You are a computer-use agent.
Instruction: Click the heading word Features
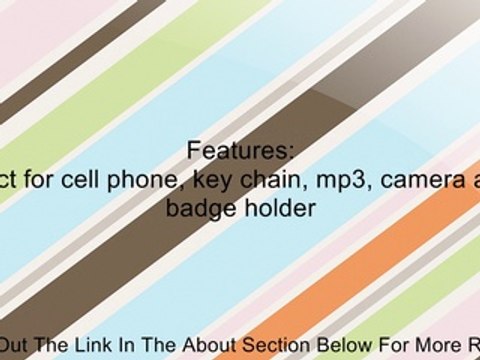pyautogui.click(x=240, y=151)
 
